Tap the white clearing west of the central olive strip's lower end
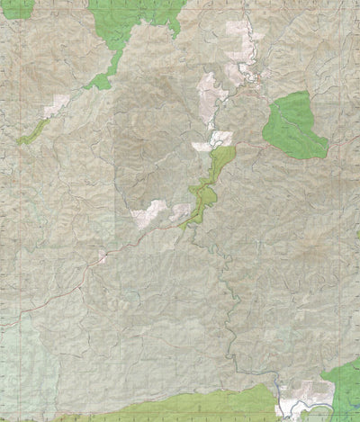coord(148,212)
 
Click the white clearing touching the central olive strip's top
coord(213,141)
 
